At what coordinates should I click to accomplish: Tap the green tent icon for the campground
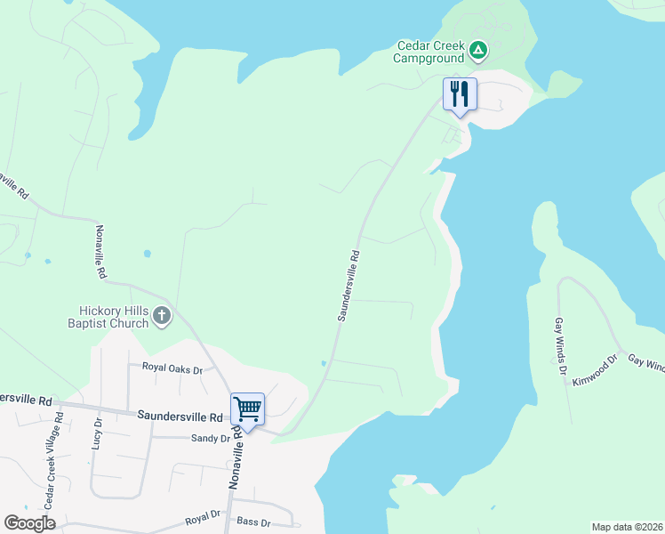click(478, 50)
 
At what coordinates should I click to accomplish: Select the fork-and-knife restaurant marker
click(460, 94)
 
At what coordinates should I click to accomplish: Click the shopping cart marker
click(248, 410)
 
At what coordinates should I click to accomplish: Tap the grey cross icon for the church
click(162, 315)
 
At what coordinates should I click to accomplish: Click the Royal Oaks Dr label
click(172, 368)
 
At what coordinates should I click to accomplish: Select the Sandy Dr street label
click(208, 439)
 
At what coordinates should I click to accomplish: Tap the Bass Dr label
click(252, 522)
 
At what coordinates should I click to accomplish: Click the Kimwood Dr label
click(595, 371)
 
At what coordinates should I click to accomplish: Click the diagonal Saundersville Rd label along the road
click(348, 285)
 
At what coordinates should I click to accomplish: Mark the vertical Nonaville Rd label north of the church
click(101, 252)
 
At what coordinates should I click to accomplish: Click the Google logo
click(29, 522)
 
